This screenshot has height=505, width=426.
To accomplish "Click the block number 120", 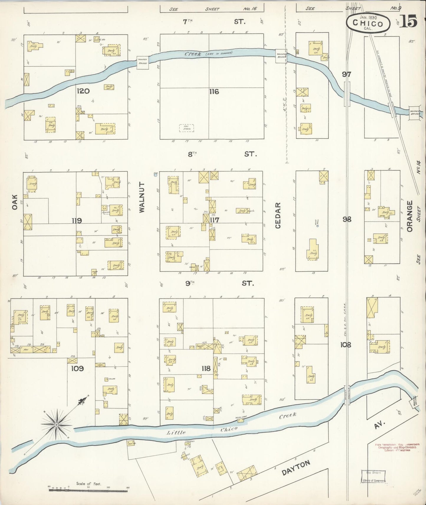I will (83, 91).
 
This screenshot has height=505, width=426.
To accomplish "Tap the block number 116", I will (214, 92).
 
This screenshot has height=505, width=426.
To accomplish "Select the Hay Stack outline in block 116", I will (187, 128).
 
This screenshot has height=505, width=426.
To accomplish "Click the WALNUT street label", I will (142, 197).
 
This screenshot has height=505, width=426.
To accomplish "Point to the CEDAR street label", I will (278, 215).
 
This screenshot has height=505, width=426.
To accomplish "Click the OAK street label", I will (15, 203).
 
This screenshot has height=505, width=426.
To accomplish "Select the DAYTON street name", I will (296, 468).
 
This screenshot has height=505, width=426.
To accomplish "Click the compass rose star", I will (56, 425).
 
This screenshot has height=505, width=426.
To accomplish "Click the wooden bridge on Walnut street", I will (142, 63).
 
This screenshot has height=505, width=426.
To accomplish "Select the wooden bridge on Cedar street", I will (281, 56).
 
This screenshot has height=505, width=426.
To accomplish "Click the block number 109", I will (77, 368).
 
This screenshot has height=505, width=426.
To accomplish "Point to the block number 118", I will (206, 368).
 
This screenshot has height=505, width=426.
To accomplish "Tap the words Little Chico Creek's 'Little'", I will (176, 433).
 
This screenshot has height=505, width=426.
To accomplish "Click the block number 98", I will (347, 219).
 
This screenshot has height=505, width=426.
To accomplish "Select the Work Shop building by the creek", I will (241, 420).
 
